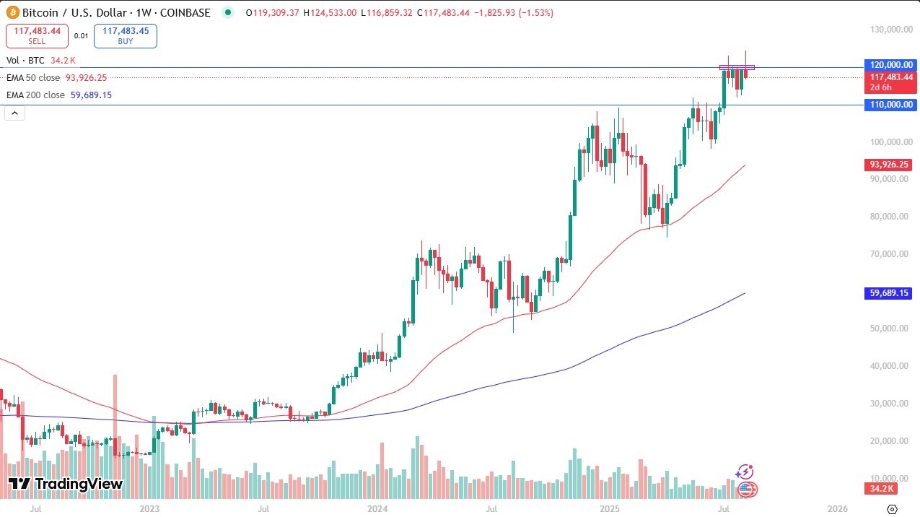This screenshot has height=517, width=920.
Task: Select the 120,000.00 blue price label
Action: [x=890, y=65]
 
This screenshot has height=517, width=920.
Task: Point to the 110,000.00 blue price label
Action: [x=890, y=105]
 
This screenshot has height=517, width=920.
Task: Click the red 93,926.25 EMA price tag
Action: [x=890, y=165]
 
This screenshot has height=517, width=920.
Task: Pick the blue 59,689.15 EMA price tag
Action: [x=890, y=293]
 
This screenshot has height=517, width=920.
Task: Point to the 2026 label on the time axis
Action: [x=837, y=509]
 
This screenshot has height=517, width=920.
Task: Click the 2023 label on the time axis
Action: [x=149, y=509]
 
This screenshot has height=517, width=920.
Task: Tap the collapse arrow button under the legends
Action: [x=14, y=113]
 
